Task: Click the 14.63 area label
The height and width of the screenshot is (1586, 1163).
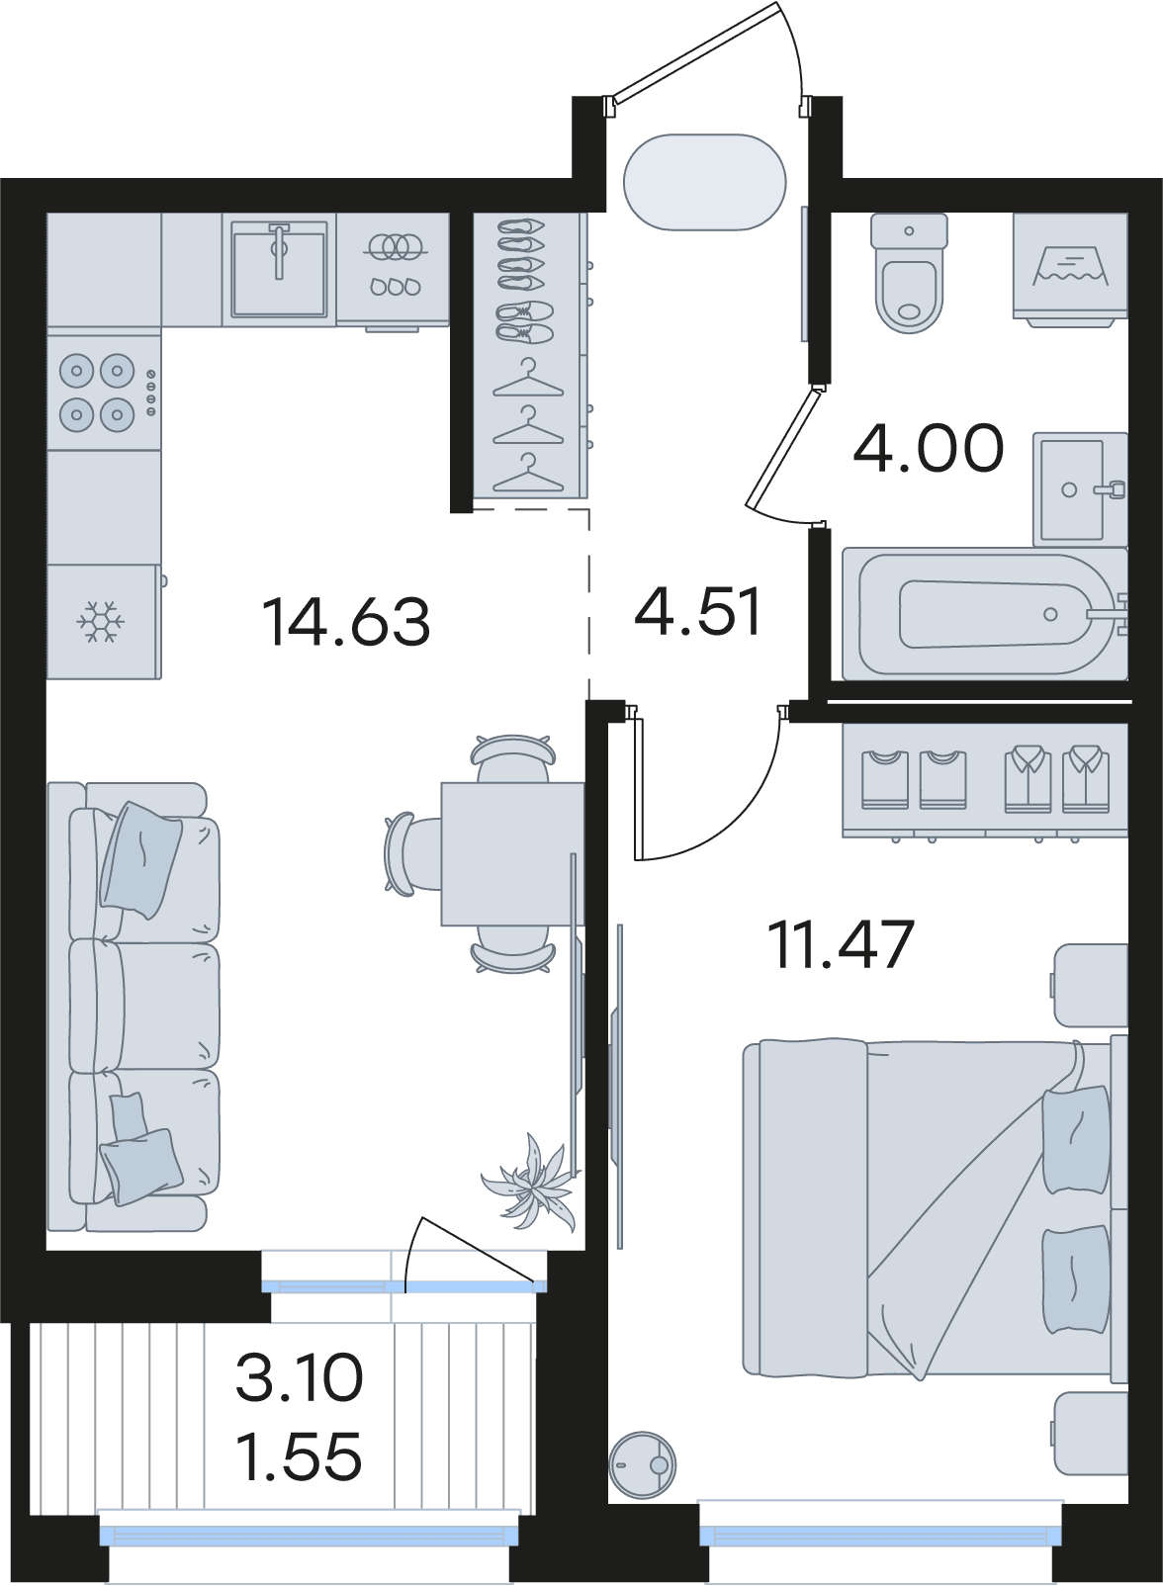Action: point(346,622)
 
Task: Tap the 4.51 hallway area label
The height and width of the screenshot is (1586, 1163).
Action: point(697,611)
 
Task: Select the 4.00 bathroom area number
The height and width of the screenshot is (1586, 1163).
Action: point(929,448)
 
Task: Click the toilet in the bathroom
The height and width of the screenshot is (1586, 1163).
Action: point(910,273)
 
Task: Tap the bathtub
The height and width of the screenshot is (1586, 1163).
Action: point(985,613)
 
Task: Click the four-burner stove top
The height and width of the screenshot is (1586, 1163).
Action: point(104,393)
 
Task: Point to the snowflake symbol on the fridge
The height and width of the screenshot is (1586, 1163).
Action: point(100,622)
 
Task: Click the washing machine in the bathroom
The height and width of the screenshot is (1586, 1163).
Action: point(1069,271)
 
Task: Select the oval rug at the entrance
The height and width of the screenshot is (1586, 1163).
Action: point(705,182)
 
